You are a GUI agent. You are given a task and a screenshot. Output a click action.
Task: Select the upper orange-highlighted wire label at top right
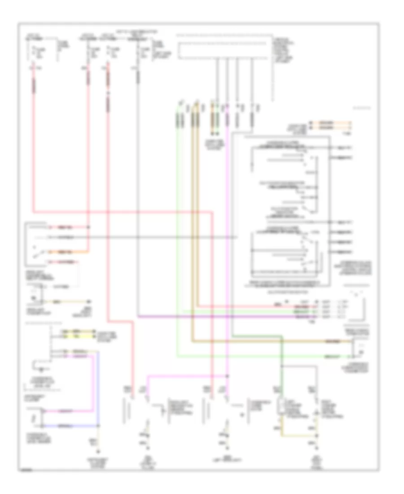pos(332,122)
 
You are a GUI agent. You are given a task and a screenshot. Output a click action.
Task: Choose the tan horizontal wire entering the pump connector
pos(269,342)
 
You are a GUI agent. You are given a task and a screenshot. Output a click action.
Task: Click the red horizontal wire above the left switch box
pos(121,211)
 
